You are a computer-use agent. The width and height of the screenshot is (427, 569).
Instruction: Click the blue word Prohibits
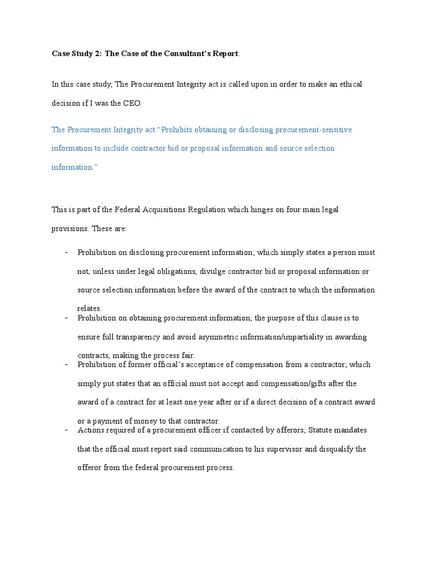(x=181, y=129)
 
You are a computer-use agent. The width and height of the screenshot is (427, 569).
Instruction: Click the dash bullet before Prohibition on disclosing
(x=66, y=252)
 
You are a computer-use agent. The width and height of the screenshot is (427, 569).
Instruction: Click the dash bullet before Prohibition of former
(x=66, y=364)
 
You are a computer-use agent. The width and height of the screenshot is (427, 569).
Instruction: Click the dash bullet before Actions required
(x=66, y=430)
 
